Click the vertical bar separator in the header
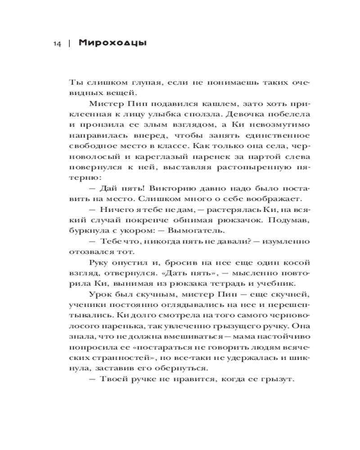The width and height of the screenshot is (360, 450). (69, 44)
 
